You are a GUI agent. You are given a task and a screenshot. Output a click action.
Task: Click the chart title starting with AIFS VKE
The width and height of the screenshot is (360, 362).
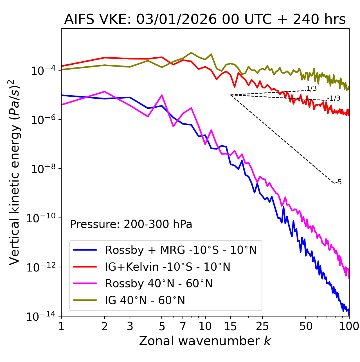coord(205,20)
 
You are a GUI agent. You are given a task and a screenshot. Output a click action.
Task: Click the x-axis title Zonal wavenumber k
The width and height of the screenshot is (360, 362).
coord(205,341)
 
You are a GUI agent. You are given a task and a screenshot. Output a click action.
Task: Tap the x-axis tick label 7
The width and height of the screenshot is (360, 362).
coord(183,326)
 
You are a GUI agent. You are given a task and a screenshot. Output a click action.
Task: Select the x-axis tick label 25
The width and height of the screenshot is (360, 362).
coord(262,326)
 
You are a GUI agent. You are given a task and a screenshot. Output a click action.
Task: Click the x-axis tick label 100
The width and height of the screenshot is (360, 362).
coord(349,326)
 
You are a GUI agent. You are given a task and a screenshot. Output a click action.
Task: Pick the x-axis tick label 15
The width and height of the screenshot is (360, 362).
coord(230,326)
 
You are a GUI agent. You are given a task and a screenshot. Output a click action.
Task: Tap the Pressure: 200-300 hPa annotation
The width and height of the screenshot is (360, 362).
coord(131,224)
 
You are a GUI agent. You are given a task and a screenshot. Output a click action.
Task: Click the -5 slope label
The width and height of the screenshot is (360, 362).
coord(339,182)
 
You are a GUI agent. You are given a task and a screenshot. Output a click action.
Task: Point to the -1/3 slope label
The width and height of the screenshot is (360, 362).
coord(334,98)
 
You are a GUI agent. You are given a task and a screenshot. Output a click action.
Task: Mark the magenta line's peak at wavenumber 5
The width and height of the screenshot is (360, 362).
coord(162,95)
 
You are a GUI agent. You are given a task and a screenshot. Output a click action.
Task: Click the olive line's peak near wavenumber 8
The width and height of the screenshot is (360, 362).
coord(191,53)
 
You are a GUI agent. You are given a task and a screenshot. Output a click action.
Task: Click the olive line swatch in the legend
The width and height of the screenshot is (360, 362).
coord(85,300)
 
